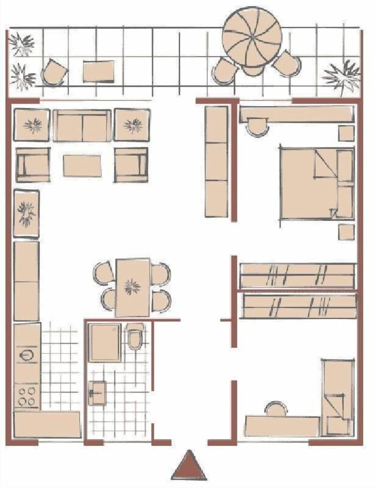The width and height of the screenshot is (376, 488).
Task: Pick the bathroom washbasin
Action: click(x=98, y=393)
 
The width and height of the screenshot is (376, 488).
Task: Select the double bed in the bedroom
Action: click(x=309, y=183)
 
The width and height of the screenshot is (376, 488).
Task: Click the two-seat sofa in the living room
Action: click(x=82, y=126)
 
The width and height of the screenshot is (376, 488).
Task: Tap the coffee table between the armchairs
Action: click(x=82, y=166)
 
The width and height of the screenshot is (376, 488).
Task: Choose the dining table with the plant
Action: click(x=133, y=287)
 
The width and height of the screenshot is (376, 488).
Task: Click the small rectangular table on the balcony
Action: click(x=99, y=71)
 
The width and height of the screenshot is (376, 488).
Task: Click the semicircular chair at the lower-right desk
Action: click(x=276, y=408)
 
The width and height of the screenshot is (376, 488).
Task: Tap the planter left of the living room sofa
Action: click(x=32, y=125)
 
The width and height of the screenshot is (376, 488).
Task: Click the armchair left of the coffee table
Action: click(x=33, y=165)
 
